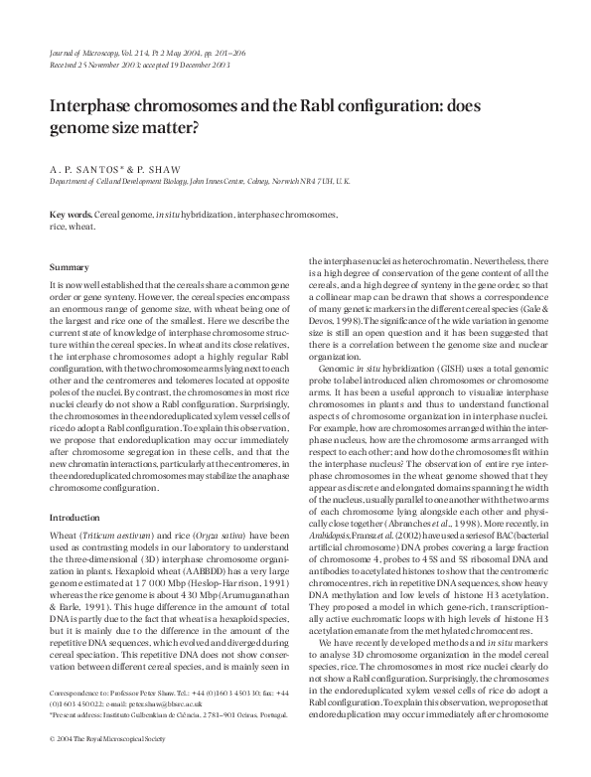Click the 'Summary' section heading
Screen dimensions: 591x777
tap(70, 267)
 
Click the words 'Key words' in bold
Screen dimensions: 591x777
tap(72, 216)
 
